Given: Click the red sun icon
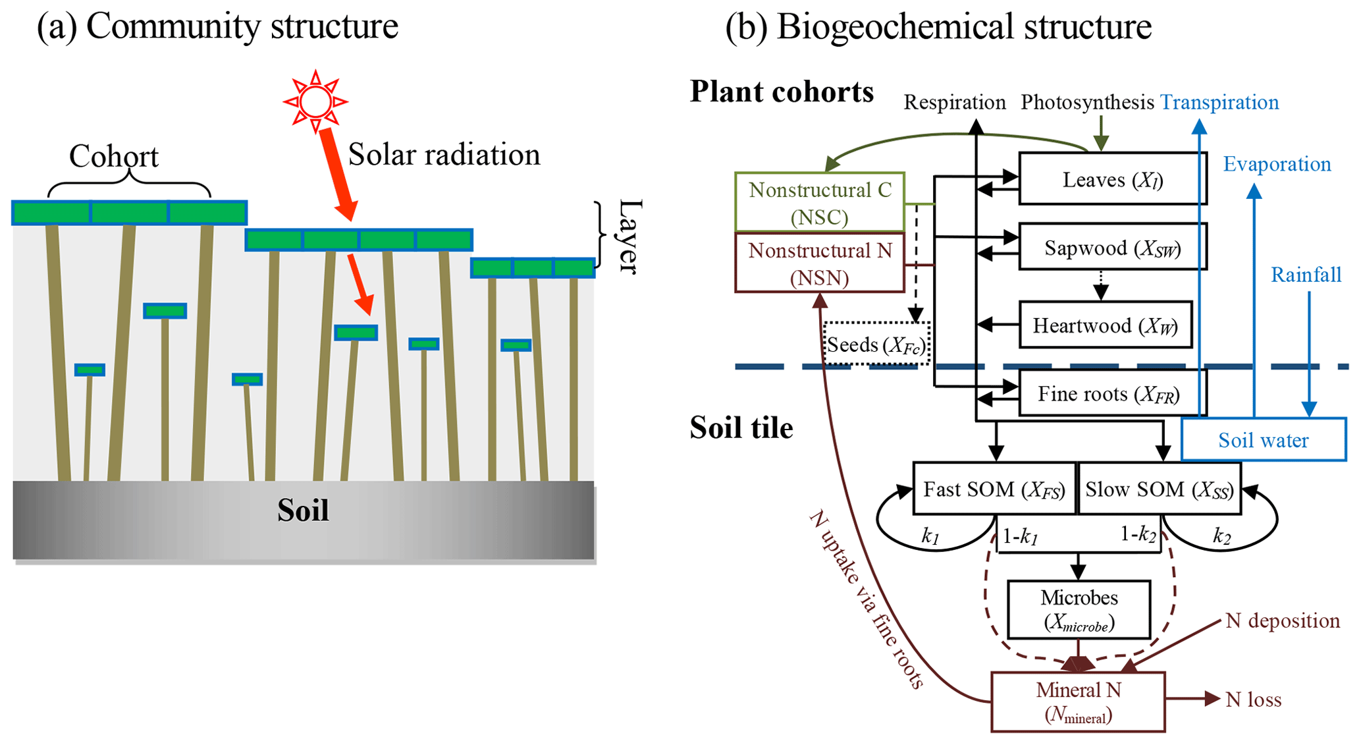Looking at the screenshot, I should point(315,101).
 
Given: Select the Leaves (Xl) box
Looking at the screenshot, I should point(1112,179).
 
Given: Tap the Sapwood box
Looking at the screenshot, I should point(1112,248).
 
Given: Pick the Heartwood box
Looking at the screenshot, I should point(1105,325).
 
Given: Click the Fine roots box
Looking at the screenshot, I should point(1112,394).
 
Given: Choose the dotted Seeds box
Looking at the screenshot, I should point(876,345).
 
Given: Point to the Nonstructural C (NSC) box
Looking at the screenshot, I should point(820,203).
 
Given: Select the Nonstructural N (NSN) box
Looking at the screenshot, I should point(820,263).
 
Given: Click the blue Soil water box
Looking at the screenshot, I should point(1263,440).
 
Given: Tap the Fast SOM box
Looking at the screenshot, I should point(994,489).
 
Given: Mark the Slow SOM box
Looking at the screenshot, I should point(1159,489).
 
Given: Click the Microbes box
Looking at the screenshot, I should point(1079,610).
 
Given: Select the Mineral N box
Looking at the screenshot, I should point(1078,702).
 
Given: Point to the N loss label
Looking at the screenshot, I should point(1253,700).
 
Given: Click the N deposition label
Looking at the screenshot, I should point(1282,621).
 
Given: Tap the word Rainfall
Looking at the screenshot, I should point(1306,275).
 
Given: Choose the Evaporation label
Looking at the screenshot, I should point(1277,164).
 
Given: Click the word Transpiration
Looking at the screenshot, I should point(1219,102).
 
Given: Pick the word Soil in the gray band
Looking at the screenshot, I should point(303,510).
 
